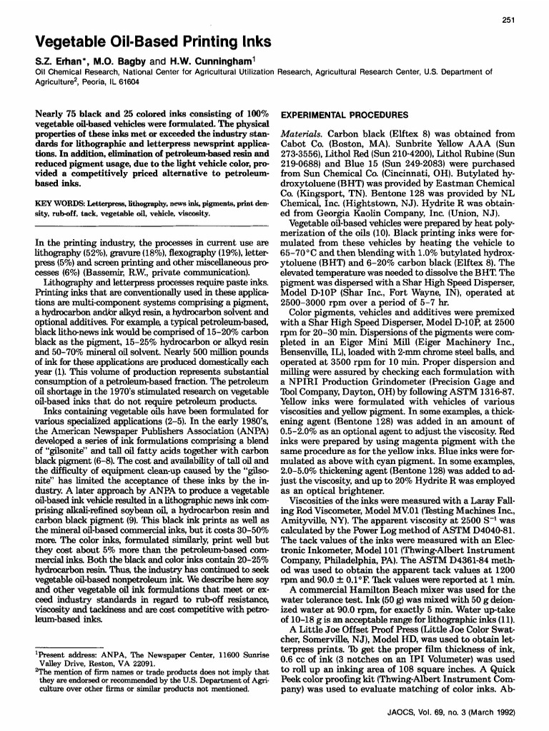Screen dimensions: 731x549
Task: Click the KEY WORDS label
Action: pyautogui.click(x=58, y=203)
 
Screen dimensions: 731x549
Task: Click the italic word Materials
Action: pyautogui.click(x=301, y=133)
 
